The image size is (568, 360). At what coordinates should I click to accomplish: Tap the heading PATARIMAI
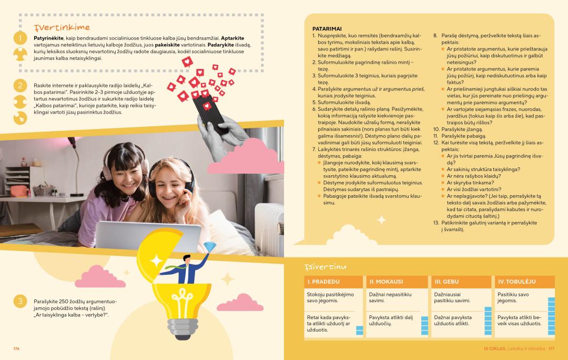click(x=327, y=29)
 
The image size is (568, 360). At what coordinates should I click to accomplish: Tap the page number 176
click(x=16, y=348)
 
